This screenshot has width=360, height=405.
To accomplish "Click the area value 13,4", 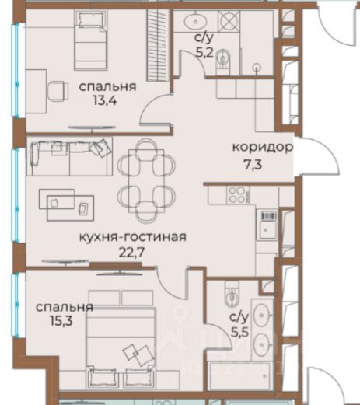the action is point(105,100).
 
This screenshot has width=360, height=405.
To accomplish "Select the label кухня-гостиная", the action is point(132,237).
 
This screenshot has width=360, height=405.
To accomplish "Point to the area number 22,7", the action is point(131,253).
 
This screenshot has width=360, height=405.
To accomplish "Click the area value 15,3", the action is point(61,322).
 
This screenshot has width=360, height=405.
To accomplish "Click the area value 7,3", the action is point(253,165).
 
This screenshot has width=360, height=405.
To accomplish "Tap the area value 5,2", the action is point(204,54).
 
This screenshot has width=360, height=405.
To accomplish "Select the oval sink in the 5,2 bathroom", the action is point(195,21).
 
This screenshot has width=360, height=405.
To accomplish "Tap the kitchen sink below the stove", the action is point(267,225).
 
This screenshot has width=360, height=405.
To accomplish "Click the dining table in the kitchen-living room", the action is point(146,180).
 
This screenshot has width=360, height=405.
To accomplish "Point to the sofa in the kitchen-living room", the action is point(69,157).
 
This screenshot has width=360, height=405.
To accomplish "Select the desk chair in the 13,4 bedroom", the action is point(58,91).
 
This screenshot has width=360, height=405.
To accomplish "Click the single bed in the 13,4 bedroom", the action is point(90,40).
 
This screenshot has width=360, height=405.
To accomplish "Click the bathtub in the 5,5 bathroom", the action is point(239,375).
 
